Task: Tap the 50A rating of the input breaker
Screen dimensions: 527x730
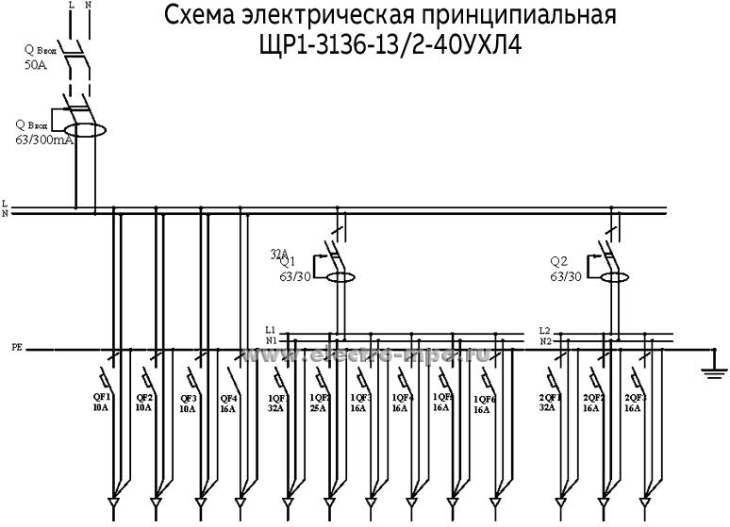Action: tap(34, 67)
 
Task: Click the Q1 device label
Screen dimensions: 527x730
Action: tap(287, 262)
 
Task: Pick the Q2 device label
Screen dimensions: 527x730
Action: tap(559, 262)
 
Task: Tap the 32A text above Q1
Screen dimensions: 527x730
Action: tap(278, 253)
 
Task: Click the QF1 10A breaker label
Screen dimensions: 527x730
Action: tap(101, 403)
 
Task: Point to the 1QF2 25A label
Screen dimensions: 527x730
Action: tap(319, 403)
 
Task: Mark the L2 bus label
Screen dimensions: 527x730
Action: tap(544, 330)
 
